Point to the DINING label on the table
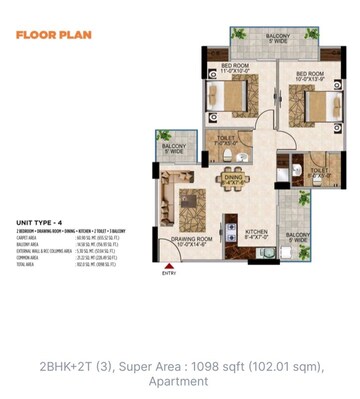pyautogui.click(x=232, y=180)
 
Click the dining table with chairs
pyautogui.click(x=232, y=183)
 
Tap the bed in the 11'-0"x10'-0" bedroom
pyautogui.click(x=227, y=98)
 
